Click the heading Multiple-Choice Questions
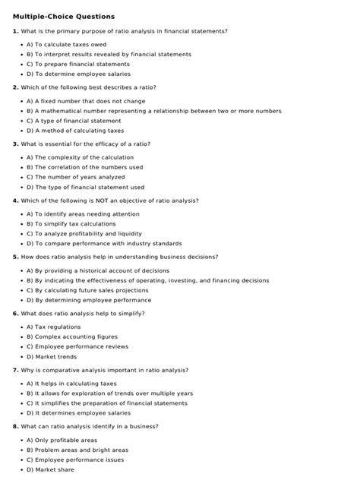tap(64, 16)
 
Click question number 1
tap(15, 31)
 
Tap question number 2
tap(15, 87)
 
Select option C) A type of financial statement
tap(73, 121)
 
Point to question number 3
tap(15, 144)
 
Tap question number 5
tap(15, 257)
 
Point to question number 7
tap(15, 370)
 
